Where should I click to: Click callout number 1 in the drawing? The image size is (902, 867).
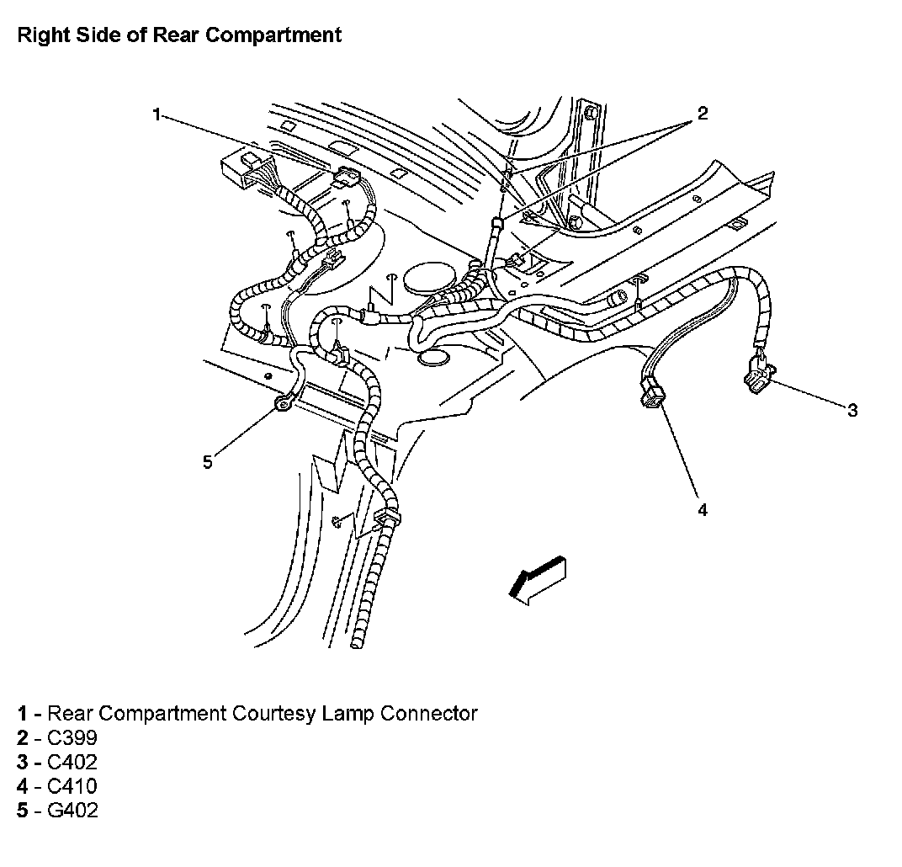click(157, 115)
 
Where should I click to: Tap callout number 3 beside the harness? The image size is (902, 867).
click(852, 410)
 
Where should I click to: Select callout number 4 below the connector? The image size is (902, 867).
click(702, 509)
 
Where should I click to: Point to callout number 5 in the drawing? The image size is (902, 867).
click(207, 461)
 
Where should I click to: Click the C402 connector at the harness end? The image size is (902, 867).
click(758, 375)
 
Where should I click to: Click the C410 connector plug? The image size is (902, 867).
click(652, 394)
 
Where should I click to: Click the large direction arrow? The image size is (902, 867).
click(537, 580)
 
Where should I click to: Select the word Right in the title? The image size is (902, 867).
click(40, 35)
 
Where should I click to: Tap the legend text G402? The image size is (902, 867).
click(73, 812)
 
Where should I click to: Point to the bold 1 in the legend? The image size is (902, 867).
click(23, 715)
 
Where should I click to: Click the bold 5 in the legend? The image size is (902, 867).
click(23, 812)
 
